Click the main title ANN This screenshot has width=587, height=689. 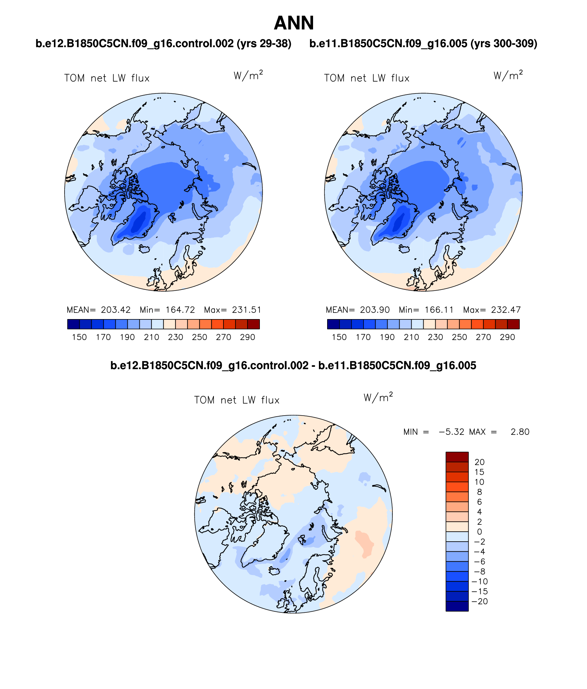coord(293,23)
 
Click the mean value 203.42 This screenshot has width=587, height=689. coord(116,310)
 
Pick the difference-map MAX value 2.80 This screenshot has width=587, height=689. coord(520,432)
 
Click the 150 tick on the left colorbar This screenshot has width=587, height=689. coord(79,337)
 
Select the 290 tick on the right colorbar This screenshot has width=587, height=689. coord(507,337)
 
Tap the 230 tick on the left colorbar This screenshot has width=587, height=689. coord(175,337)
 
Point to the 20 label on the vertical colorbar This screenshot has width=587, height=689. coord(480,462)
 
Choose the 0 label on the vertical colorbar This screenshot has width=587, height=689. coord(480,532)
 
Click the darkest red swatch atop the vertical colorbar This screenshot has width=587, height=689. coord(457,457)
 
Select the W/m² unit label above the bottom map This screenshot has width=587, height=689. coord(378,398)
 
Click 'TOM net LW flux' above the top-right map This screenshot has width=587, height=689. coord(367,78)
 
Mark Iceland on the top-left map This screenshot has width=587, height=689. coord(145,248)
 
